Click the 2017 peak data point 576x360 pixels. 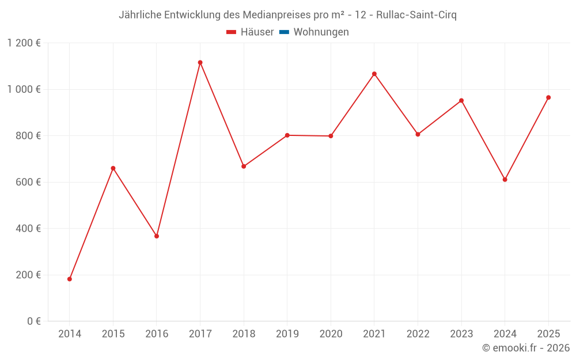tap(200, 62)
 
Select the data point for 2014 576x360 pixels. tap(70, 279)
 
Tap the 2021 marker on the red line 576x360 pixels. tap(374, 74)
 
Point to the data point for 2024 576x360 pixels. tap(505, 179)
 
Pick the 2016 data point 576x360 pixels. tap(157, 236)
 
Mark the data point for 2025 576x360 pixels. tap(548, 97)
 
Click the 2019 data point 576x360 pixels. tap(287, 135)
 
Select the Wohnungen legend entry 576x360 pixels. tap(321, 32)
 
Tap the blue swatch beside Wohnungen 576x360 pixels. tap(284, 32)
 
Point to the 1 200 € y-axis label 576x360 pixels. tap(24, 43)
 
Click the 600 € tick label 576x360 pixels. tap(28, 182)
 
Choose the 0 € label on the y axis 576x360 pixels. tap(33, 321)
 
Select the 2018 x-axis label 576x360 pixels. tap(244, 334)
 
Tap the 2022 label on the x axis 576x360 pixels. tap(418, 334)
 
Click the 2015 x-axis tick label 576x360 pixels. tap(113, 334)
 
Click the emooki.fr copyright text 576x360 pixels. tap(526, 348)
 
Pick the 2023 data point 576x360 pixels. tap(461, 100)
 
